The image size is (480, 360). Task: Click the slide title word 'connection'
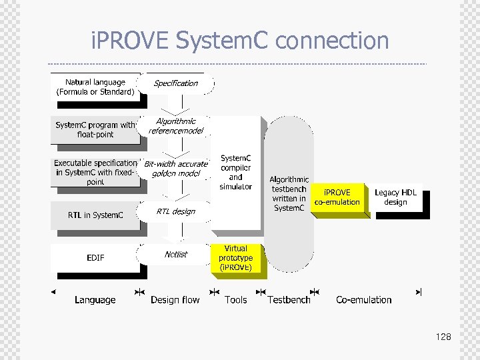click(x=331, y=41)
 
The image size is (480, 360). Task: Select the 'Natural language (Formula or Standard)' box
click(x=95, y=87)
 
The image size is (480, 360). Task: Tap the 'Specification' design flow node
click(x=176, y=84)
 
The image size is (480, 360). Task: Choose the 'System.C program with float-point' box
click(x=95, y=130)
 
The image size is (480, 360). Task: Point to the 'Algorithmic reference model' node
click(x=176, y=126)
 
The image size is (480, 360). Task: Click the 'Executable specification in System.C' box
click(x=95, y=172)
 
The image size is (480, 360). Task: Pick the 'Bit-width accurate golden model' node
click(x=176, y=169)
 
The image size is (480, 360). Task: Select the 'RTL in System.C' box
click(x=95, y=215)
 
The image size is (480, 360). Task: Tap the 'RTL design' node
click(x=176, y=212)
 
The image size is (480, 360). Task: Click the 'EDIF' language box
click(x=95, y=257)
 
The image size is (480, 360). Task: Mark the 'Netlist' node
click(x=176, y=254)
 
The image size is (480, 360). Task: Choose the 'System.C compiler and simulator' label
click(x=236, y=173)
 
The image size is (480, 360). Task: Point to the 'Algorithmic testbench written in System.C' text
click(x=289, y=194)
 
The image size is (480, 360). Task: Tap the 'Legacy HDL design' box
click(x=395, y=197)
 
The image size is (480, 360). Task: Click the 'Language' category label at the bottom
click(x=95, y=300)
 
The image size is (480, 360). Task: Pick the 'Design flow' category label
click(x=175, y=300)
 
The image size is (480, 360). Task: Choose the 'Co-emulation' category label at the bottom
click(x=364, y=300)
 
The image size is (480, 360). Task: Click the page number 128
click(x=443, y=337)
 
